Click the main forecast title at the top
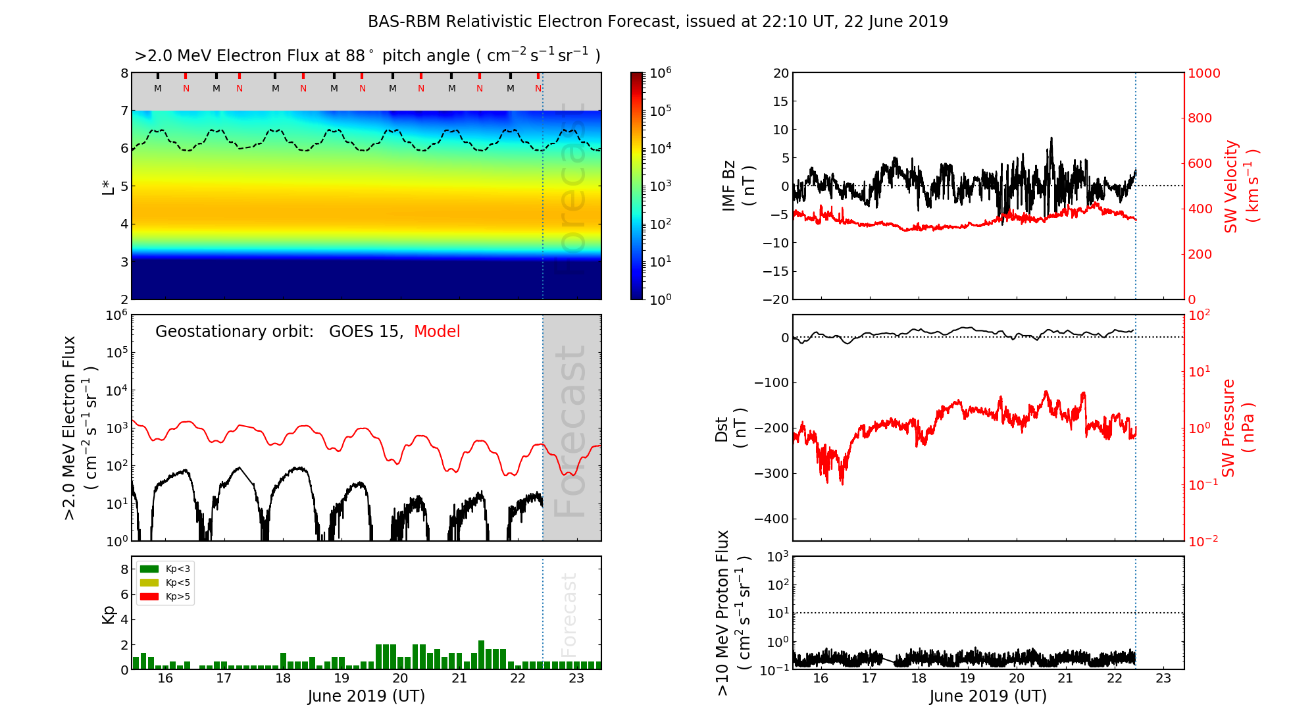pyautogui.click(x=658, y=22)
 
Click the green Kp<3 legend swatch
pyautogui.click(x=149, y=569)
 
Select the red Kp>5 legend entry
pyautogui.click(x=165, y=597)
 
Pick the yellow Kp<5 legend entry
pyautogui.click(x=165, y=582)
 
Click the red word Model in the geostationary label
pyautogui.click(x=437, y=332)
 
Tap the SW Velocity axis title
pyautogui.click(x=1240, y=186)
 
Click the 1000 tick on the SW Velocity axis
pyautogui.click(x=1203, y=73)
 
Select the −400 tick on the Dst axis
pyautogui.click(x=771, y=519)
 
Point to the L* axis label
pyautogui.click(x=108, y=186)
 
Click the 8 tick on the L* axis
pyautogui.click(x=124, y=73)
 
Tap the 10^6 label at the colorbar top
pyautogui.click(x=661, y=72)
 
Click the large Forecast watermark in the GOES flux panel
pyautogui.click(x=570, y=431)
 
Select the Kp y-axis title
pyautogui.click(x=109, y=614)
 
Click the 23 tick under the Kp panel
pyautogui.click(x=576, y=679)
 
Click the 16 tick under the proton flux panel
pyautogui.click(x=821, y=679)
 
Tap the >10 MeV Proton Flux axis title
pyautogui.click(x=732, y=613)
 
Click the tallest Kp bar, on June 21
pyautogui.click(x=481, y=655)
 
